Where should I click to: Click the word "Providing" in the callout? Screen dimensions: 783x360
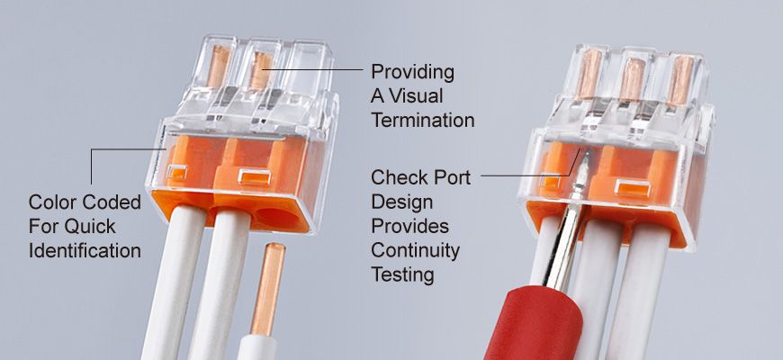pyautogui.click(x=412, y=73)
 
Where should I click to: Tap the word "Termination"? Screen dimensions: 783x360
pyautogui.click(x=422, y=121)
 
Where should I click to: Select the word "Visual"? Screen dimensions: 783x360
pyautogui.click(x=416, y=96)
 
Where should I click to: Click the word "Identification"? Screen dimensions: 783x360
pyautogui.click(x=85, y=250)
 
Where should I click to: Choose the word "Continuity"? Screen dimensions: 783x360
pyautogui.click(x=415, y=250)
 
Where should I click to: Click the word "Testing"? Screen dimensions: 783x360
pyautogui.click(x=402, y=275)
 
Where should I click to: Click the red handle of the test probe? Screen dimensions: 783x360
pyautogui.click(x=535, y=325)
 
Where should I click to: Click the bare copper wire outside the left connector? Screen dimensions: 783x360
pyautogui.click(x=269, y=289)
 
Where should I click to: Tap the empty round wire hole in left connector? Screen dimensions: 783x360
pyautogui.click(x=275, y=217)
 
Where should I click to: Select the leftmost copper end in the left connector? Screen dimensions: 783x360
pyautogui.click(x=218, y=66)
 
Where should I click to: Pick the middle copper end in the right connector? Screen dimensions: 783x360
pyautogui.click(x=633, y=79)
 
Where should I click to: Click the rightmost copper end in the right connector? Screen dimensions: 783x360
pyautogui.click(x=680, y=80)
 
